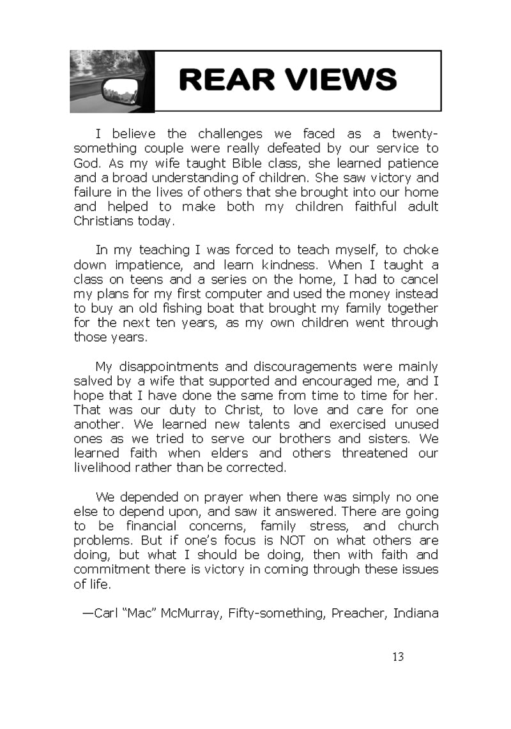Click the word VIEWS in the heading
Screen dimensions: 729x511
coord(331,80)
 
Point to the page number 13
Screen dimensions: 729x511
coord(398,657)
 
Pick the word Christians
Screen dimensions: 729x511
coord(105,221)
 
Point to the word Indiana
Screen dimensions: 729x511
coord(416,613)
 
